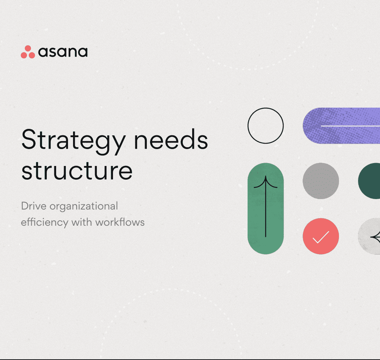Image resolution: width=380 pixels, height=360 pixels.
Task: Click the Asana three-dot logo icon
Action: click(x=28, y=52)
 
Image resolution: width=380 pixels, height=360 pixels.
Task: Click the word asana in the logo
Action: click(x=63, y=53)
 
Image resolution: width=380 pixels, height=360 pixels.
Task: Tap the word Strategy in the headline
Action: click(x=72, y=140)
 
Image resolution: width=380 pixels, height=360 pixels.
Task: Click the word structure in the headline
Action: click(x=77, y=171)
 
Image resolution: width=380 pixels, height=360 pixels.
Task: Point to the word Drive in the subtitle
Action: click(x=34, y=206)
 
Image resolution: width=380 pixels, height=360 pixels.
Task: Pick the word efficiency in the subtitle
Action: click(x=44, y=222)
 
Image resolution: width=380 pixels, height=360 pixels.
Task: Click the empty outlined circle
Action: click(x=266, y=126)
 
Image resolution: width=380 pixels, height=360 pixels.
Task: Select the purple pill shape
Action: click(x=341, y=126)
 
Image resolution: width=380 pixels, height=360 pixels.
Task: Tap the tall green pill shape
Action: click(x=266, y=208)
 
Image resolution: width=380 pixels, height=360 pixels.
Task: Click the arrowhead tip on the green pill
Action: click(x=266, y=177)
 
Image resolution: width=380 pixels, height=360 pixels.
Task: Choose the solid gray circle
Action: click(x=321, y=181)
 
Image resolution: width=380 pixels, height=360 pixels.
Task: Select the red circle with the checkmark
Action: click(x=321, y=236)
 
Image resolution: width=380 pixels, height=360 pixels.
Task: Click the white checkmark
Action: click(x=321, y=237)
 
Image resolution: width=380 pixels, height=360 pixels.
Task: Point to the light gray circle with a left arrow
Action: click(x=370, y=236)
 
